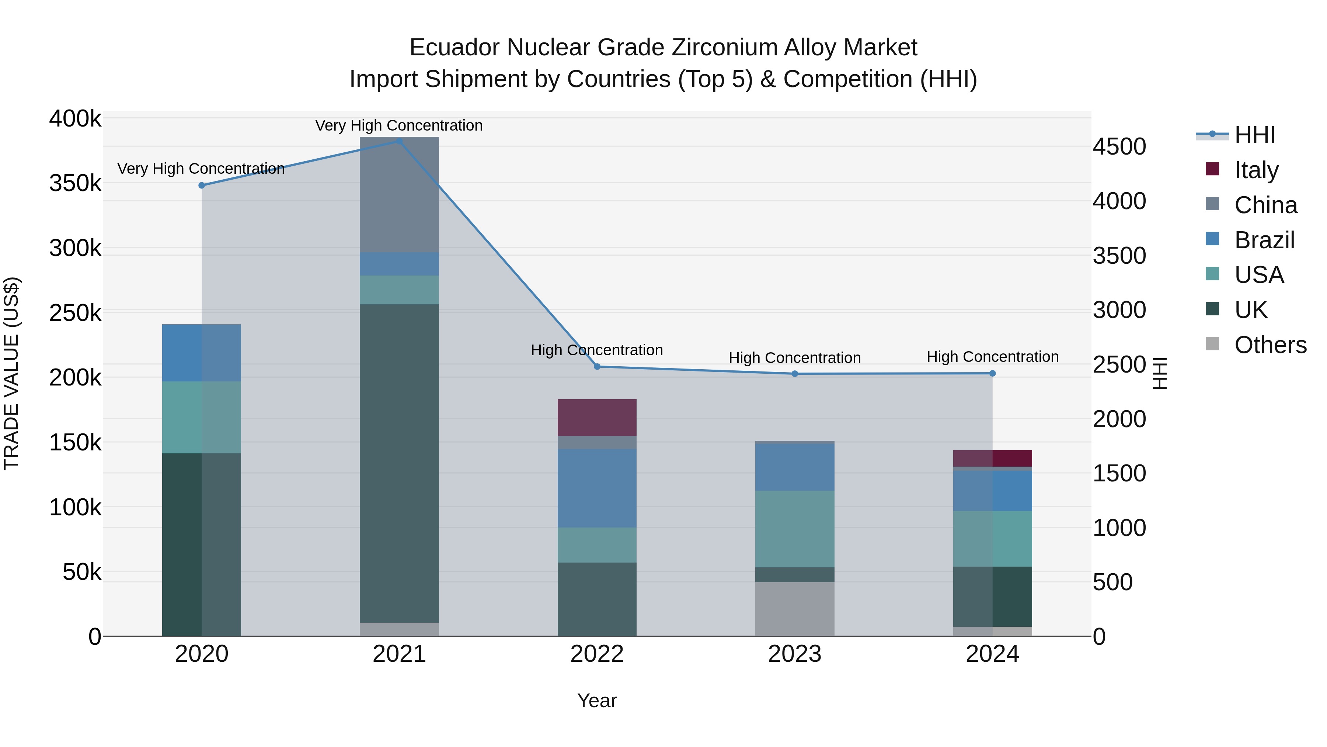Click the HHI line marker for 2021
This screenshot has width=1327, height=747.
tap(399, 141)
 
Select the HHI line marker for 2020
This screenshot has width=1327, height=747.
tap(202, 186)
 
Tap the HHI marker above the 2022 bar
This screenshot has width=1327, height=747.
tap(597, 367)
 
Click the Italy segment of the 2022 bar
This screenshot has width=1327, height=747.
tap(597, 418)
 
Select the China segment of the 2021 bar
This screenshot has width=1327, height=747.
tap(399, 195)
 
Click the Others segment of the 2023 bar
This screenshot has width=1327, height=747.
tap(794, 609)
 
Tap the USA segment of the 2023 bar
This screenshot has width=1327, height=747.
tap(794, 529)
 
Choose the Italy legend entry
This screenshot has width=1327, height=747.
tap(1257, 170)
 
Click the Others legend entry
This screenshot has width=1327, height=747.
tap(1270, 345)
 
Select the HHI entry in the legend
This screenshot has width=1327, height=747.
tap(1254, 135)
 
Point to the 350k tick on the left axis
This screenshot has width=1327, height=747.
tap(75, 183)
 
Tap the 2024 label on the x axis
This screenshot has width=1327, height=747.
tap(992, 654)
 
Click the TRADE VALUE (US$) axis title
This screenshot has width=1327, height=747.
tap(11, 373)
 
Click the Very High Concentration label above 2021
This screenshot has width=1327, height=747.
tap(399, 125)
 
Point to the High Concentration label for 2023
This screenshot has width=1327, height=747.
tap(794, 358)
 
